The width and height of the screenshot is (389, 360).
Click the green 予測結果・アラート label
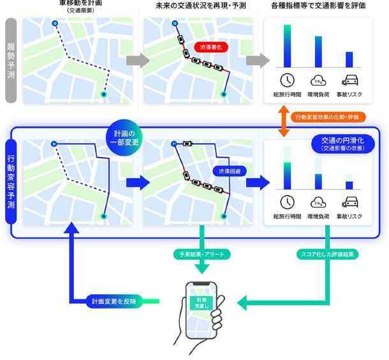[x=202, y=253]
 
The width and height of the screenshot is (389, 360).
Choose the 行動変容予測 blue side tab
[x=11, y=182]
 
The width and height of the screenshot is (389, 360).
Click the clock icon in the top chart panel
[x=288, y=80]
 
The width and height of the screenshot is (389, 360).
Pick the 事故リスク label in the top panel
[x=349, y=94]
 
